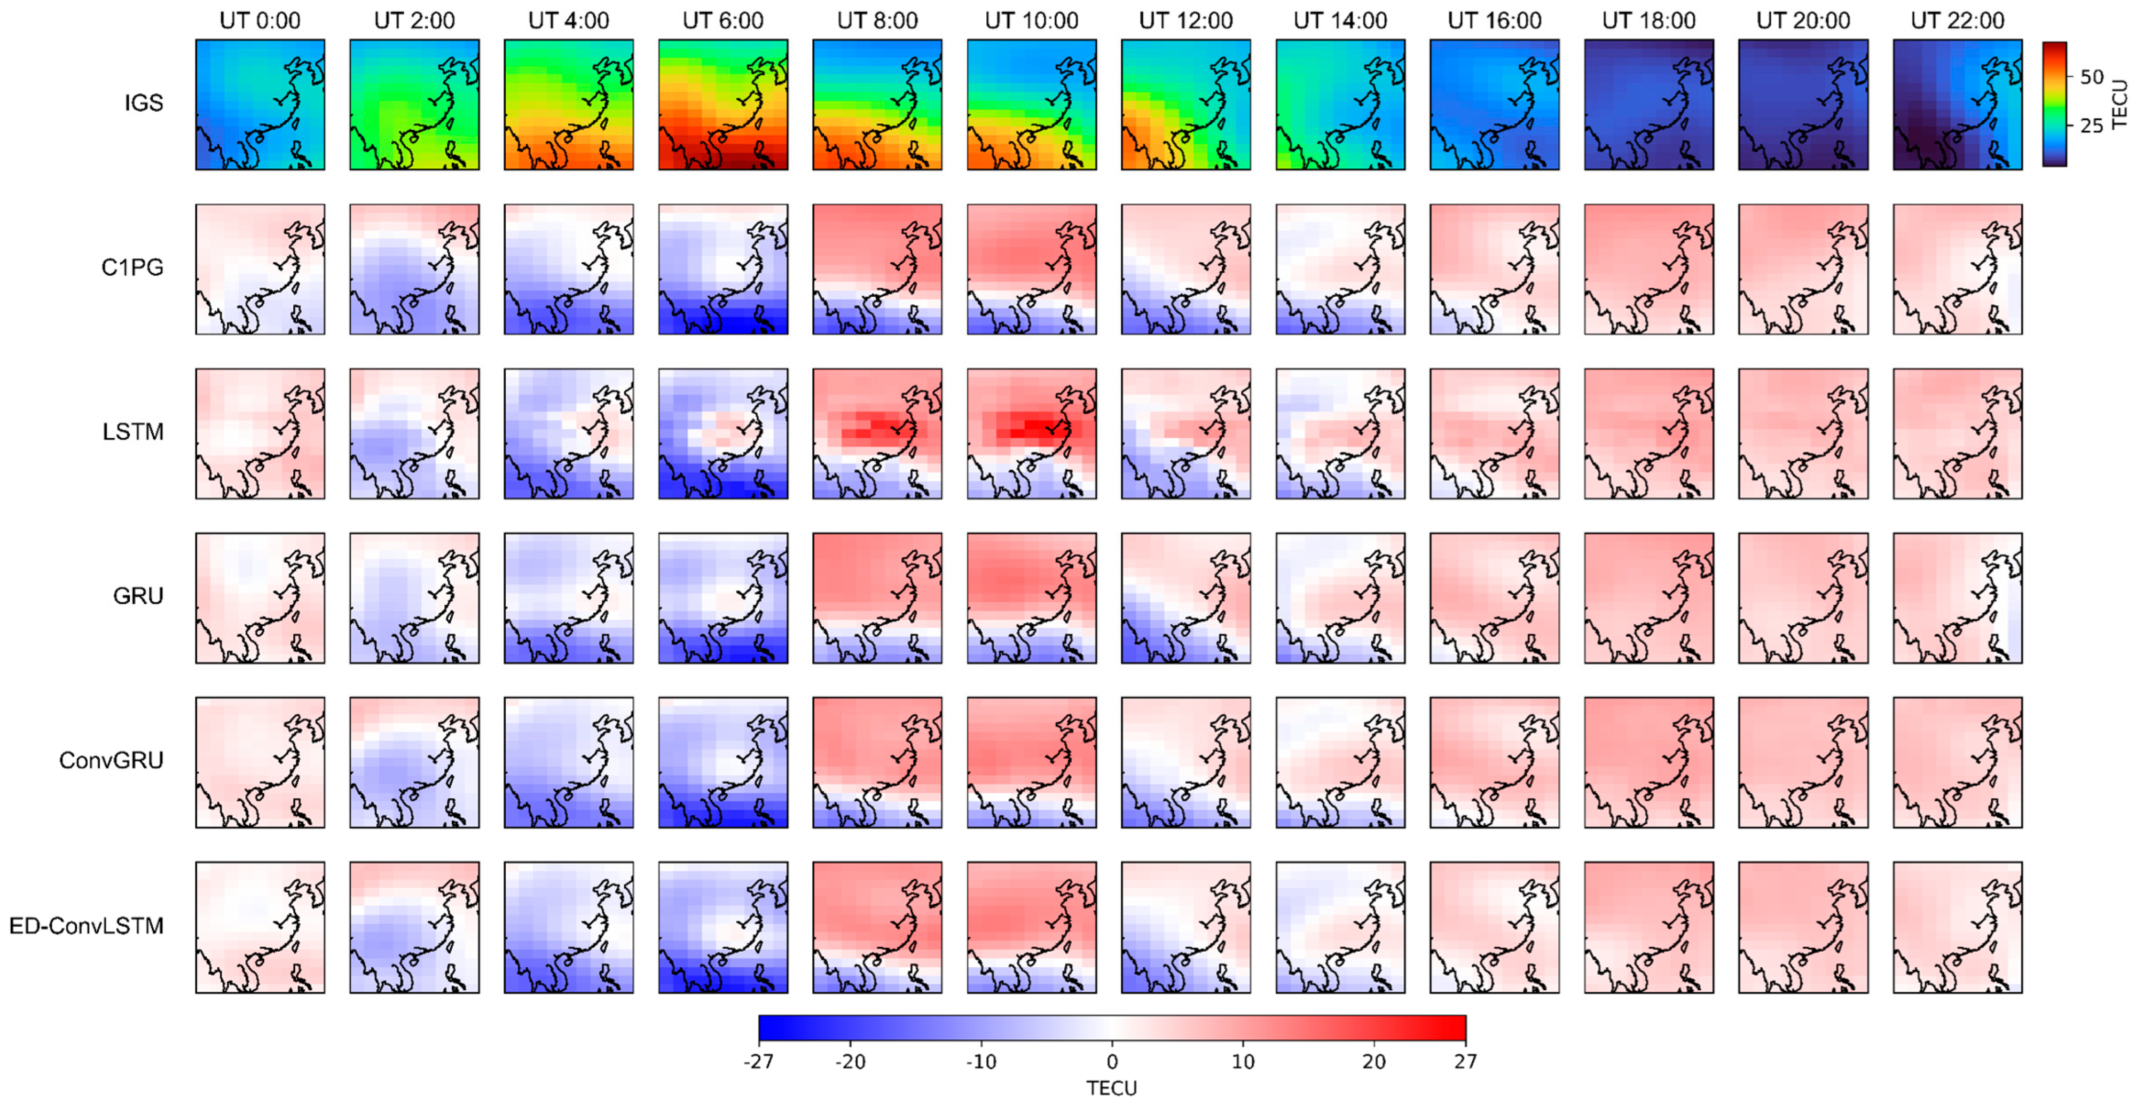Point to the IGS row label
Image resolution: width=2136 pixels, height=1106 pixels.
point(144,103)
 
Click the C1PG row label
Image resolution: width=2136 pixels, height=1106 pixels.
point(132,268)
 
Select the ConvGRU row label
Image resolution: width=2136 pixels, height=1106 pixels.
point(111,760)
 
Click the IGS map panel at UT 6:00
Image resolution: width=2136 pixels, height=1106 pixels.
point(723,105)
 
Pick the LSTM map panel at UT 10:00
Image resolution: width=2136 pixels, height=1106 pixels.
point(1032,433)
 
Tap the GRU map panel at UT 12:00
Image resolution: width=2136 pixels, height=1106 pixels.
point(1185,598)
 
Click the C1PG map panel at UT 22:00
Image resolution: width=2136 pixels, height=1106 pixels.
point(1957,270)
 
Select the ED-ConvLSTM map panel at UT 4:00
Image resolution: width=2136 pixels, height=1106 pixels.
point(569,927)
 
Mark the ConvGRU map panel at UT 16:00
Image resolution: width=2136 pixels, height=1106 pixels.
point(1494,762)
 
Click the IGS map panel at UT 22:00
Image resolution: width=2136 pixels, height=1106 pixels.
point(1957,105)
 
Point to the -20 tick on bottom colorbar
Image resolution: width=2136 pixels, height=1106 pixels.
point(850,1061)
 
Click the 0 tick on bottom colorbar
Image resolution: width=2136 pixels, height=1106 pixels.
point(1112,1061)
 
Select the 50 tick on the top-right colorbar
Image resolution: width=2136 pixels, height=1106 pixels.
point(2091,77)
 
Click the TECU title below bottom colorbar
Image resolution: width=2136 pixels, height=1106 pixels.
point(1112,1088)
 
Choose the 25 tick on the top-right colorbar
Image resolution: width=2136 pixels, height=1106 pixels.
point(2091,125)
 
